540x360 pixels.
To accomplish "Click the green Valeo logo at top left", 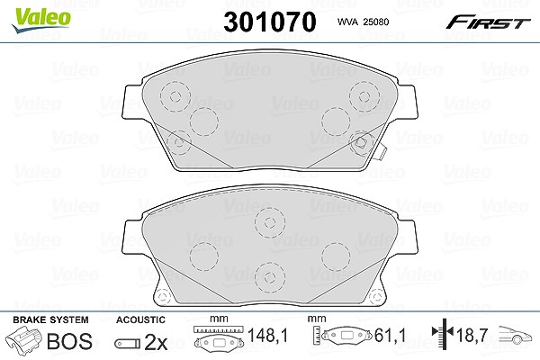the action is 40,20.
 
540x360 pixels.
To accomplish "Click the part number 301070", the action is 270,22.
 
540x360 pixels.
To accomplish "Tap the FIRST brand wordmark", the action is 488,22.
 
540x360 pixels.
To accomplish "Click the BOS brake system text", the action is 69,341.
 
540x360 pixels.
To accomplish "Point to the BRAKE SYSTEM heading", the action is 50,319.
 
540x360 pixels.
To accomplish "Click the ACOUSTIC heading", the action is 140,319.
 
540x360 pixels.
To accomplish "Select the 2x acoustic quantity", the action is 156,342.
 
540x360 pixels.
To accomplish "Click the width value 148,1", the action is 267,335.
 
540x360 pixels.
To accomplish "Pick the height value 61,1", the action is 391,335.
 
